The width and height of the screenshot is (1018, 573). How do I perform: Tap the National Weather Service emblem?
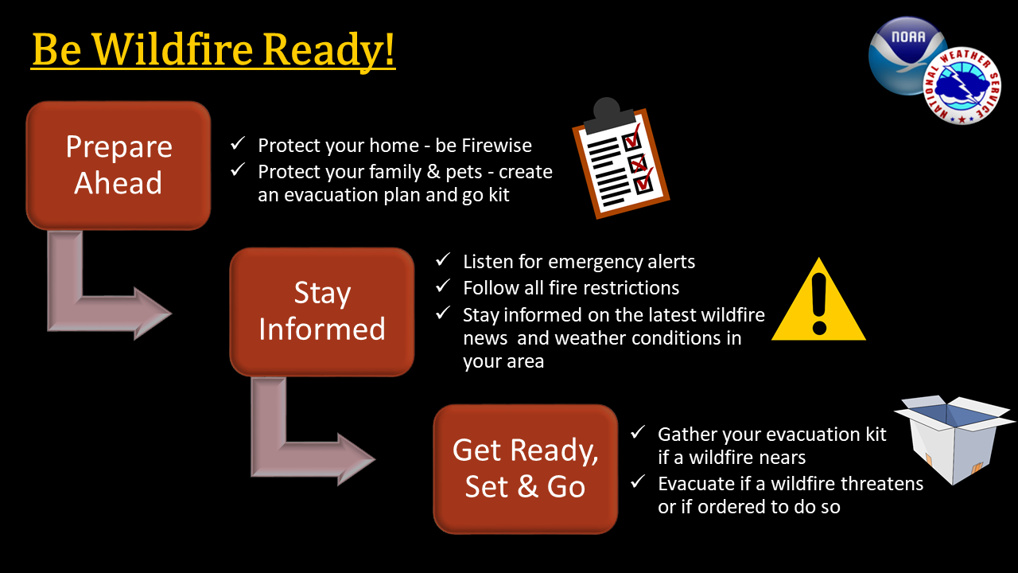tap(962, 85)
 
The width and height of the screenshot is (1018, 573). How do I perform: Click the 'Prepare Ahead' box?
tap(119, 165)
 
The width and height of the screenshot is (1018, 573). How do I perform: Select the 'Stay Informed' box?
tap(322, 311)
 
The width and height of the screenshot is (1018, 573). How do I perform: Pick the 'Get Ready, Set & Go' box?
tap(526, 469)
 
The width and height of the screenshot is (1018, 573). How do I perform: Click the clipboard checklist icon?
tap(621, 159)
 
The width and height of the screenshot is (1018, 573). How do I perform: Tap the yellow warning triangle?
tap(818, 301)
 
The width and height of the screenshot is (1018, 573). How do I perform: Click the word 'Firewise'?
tap(497, 146)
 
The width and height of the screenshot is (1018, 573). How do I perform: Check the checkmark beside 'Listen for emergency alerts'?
tap(443, 259)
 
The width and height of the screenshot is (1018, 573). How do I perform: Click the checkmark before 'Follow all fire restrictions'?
tap(443, 286)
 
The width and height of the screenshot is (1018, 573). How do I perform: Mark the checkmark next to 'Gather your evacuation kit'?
tap(638, 432)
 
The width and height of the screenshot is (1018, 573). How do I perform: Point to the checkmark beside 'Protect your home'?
tap(238, 144)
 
